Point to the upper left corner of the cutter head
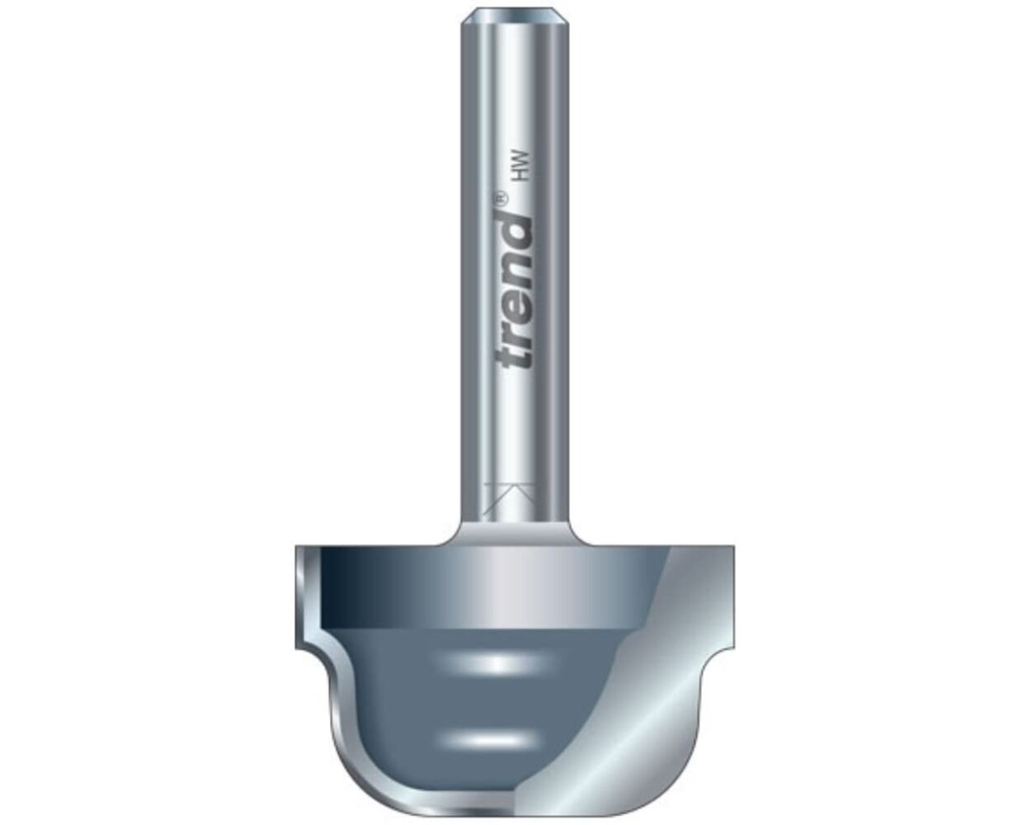pos(298,549)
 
